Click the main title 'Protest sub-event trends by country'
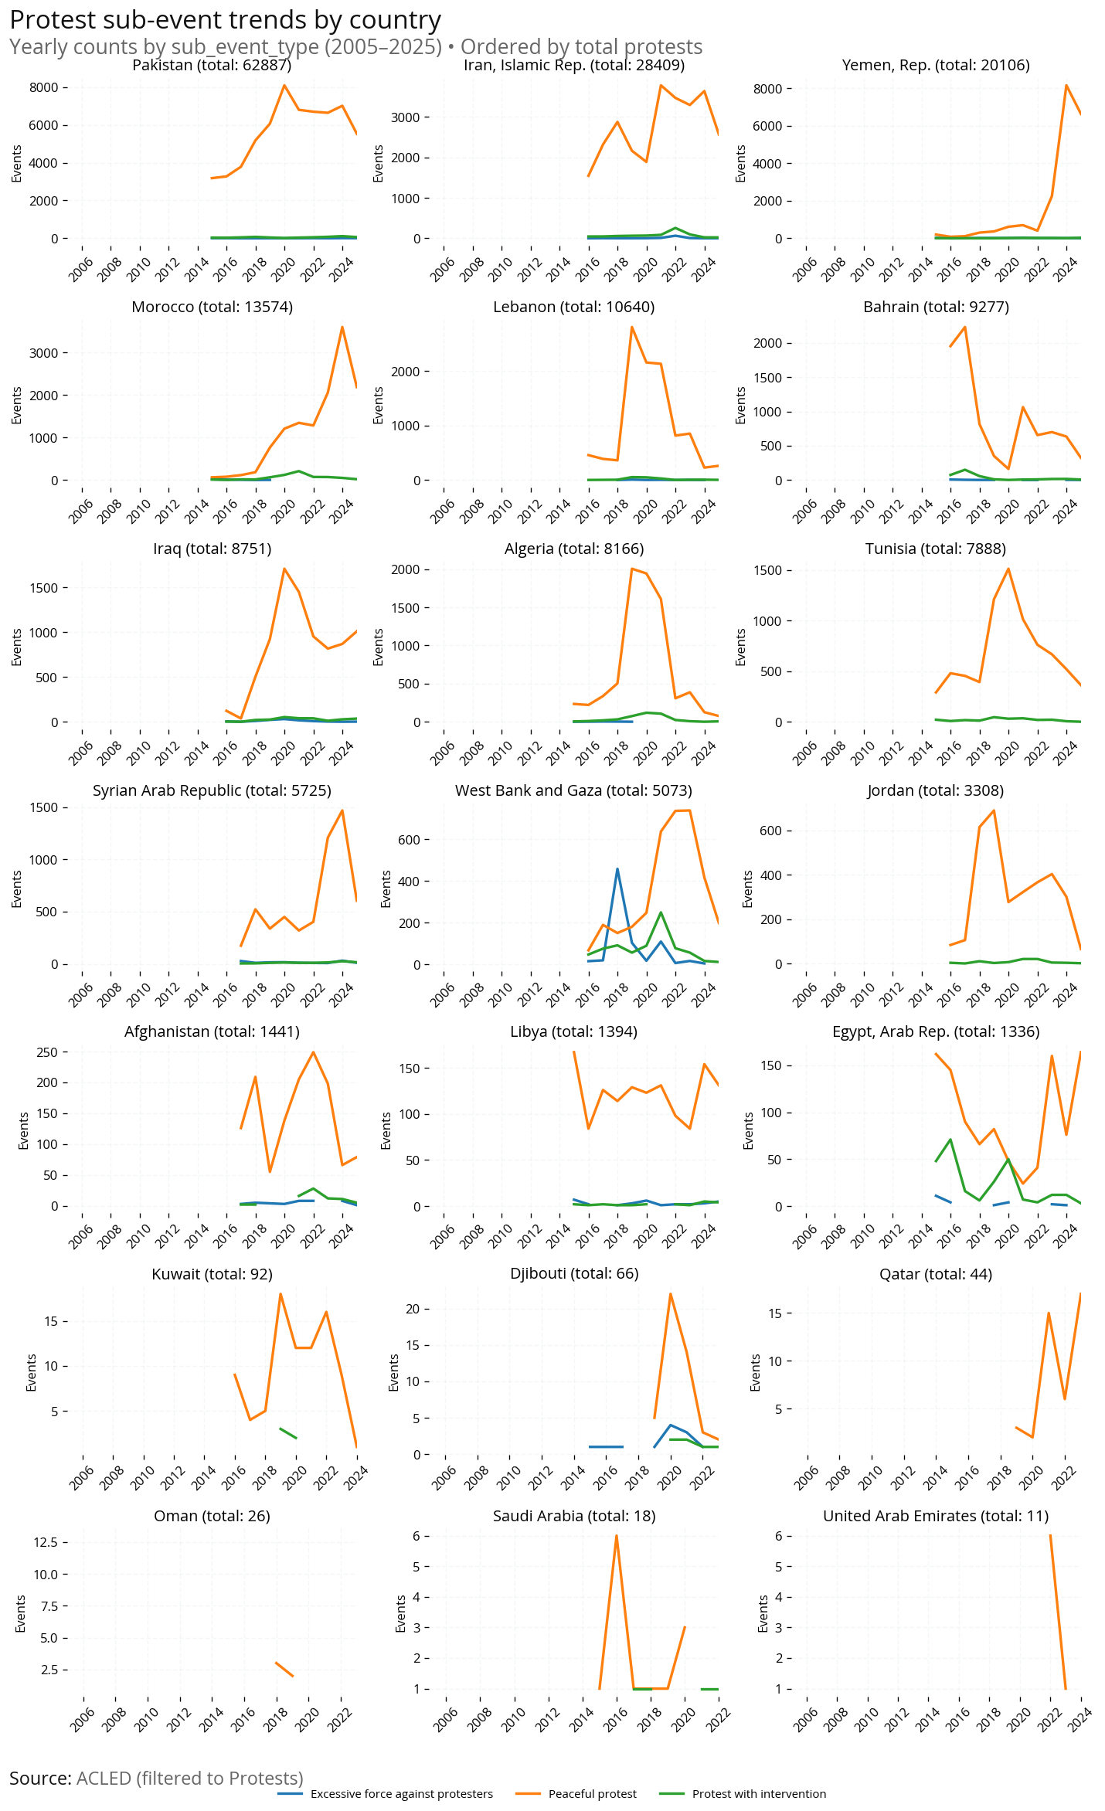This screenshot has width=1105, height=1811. point(225,19)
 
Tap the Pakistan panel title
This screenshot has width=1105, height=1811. point(212,65)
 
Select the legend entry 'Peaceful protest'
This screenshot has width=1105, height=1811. point(592,1794)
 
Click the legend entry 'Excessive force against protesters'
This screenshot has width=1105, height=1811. point(401,1794)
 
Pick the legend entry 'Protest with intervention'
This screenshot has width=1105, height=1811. point(758,1794)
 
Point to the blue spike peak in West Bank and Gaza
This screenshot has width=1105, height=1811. point(617,868)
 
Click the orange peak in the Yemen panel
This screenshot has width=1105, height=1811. point(1066,86)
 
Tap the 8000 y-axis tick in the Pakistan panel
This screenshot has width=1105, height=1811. point(44,87)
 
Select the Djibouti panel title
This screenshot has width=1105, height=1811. point(574,1273)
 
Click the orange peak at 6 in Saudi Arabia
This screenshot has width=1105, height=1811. point(616,1535)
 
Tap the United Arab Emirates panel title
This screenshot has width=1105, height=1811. point(935,1515)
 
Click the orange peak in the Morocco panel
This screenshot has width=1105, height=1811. point(342,327)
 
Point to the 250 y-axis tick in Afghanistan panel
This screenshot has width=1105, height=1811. point(47,1052)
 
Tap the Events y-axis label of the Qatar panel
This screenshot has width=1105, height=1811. point(755,1372)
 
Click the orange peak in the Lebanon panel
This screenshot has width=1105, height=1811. point(631,327)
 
